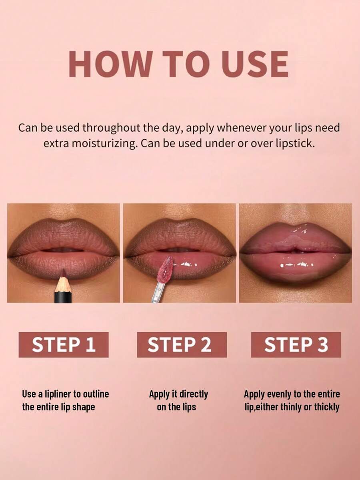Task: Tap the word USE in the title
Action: tap(255, 64)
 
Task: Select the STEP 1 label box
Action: tap(64, 344)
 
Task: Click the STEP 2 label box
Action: tap(182, 344)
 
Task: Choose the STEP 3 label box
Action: tap(296, 344)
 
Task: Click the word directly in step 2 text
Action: tap(193, 394)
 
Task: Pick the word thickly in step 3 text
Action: tap(327, 407)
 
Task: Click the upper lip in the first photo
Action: tap(64, 234)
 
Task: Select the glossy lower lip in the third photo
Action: tap(296, 268)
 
